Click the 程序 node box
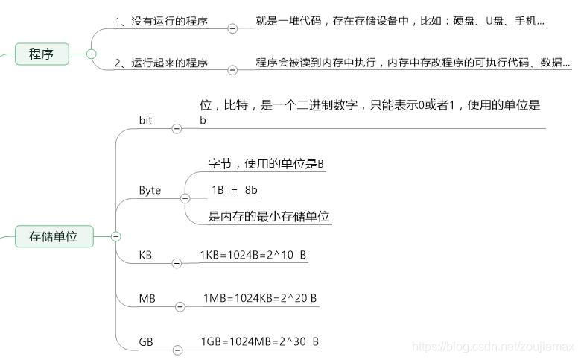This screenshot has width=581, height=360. point(42,54)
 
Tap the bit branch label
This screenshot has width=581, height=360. point(146,120)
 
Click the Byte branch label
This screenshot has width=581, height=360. point(150,190)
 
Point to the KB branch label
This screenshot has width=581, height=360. point(145,255)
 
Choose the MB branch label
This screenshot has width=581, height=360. point(147,298)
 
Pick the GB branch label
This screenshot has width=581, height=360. point(146,341)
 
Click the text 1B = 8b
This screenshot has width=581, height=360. point(235,190)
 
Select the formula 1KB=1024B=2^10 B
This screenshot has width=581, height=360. point(253,255)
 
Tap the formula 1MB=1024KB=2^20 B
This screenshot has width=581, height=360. point(260,298)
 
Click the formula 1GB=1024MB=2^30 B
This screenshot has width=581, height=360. point(260,341)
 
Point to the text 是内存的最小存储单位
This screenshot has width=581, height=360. point(269,217)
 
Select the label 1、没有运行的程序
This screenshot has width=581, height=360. point(161,22)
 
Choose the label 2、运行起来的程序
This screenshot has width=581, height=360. point(161,63)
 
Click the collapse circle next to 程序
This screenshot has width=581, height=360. point(92,54)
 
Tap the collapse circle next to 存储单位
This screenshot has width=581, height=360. point(116,237)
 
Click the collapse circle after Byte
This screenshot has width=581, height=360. point(184,198)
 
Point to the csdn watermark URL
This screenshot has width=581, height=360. point(492,347)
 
